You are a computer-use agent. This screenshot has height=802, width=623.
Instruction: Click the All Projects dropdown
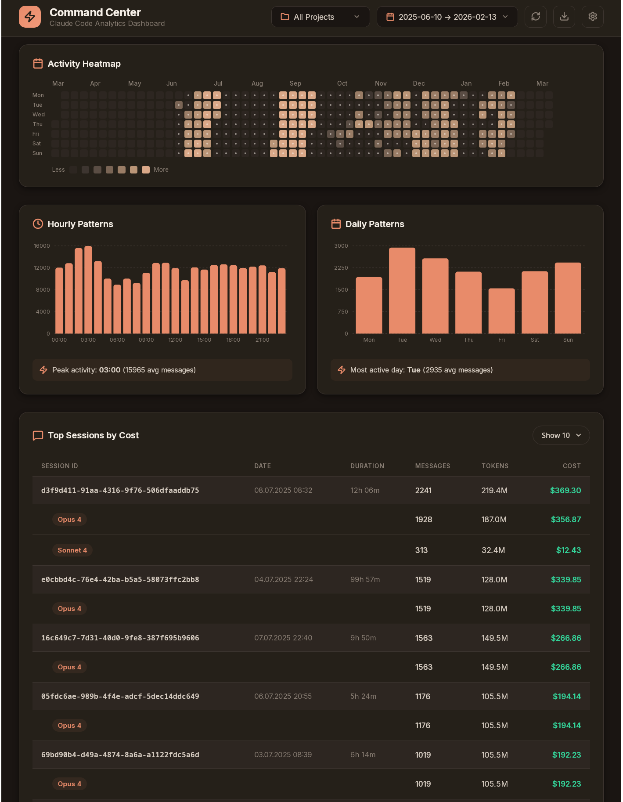coord(320,17)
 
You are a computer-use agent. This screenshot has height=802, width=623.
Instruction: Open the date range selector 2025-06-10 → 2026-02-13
coord(447,17)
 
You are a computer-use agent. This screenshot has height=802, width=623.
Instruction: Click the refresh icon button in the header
coord(535,17)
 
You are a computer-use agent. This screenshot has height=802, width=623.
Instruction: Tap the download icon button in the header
coord(564,17)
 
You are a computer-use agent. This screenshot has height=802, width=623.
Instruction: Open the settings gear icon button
coord(592,17)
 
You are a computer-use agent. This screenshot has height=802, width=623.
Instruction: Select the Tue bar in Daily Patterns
coord(402,291)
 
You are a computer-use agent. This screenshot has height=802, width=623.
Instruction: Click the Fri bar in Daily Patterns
coord(501,311)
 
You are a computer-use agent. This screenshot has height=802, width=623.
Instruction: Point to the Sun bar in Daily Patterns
coord(568,298)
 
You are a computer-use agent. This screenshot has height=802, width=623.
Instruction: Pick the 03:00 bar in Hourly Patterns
coord(88,290)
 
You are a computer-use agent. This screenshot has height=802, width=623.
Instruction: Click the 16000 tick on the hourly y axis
coord(42,246)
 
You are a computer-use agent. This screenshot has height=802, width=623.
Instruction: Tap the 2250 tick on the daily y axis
coord(341,268)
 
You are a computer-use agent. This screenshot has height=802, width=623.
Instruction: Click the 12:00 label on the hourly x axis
coord(175,340)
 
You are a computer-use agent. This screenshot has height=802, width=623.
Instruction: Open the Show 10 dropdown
coord(561,435)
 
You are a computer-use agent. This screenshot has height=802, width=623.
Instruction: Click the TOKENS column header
coord(495,466)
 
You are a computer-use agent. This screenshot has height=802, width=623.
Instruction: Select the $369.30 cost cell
coord(565,491)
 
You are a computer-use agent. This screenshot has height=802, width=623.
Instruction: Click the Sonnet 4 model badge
coord(72,550)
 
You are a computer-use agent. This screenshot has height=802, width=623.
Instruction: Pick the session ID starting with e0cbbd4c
coord(120,580)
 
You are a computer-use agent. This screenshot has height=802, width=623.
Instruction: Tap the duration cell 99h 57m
coord(365,580)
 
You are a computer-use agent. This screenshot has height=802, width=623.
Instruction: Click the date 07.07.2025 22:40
coord(283,638)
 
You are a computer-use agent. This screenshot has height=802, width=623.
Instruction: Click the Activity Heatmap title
coord(84,64)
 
